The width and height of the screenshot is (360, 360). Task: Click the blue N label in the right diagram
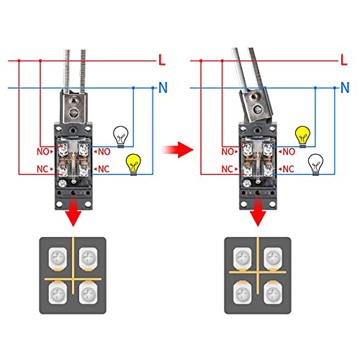point(344,89)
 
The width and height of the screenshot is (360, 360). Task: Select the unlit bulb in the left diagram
point(121,134)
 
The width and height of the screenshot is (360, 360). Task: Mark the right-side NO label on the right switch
point(287,152)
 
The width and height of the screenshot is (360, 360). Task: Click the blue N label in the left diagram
point(162,89)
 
